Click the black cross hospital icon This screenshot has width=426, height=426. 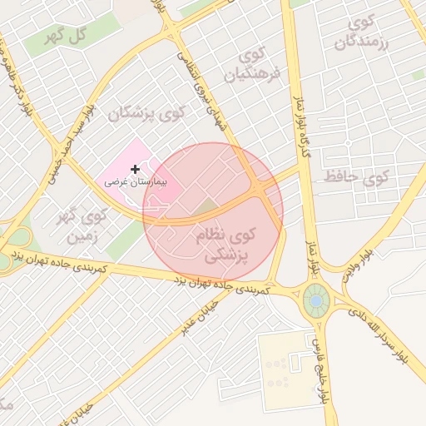(x=136, y=169)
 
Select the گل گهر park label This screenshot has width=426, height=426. (x=69, y=37)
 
